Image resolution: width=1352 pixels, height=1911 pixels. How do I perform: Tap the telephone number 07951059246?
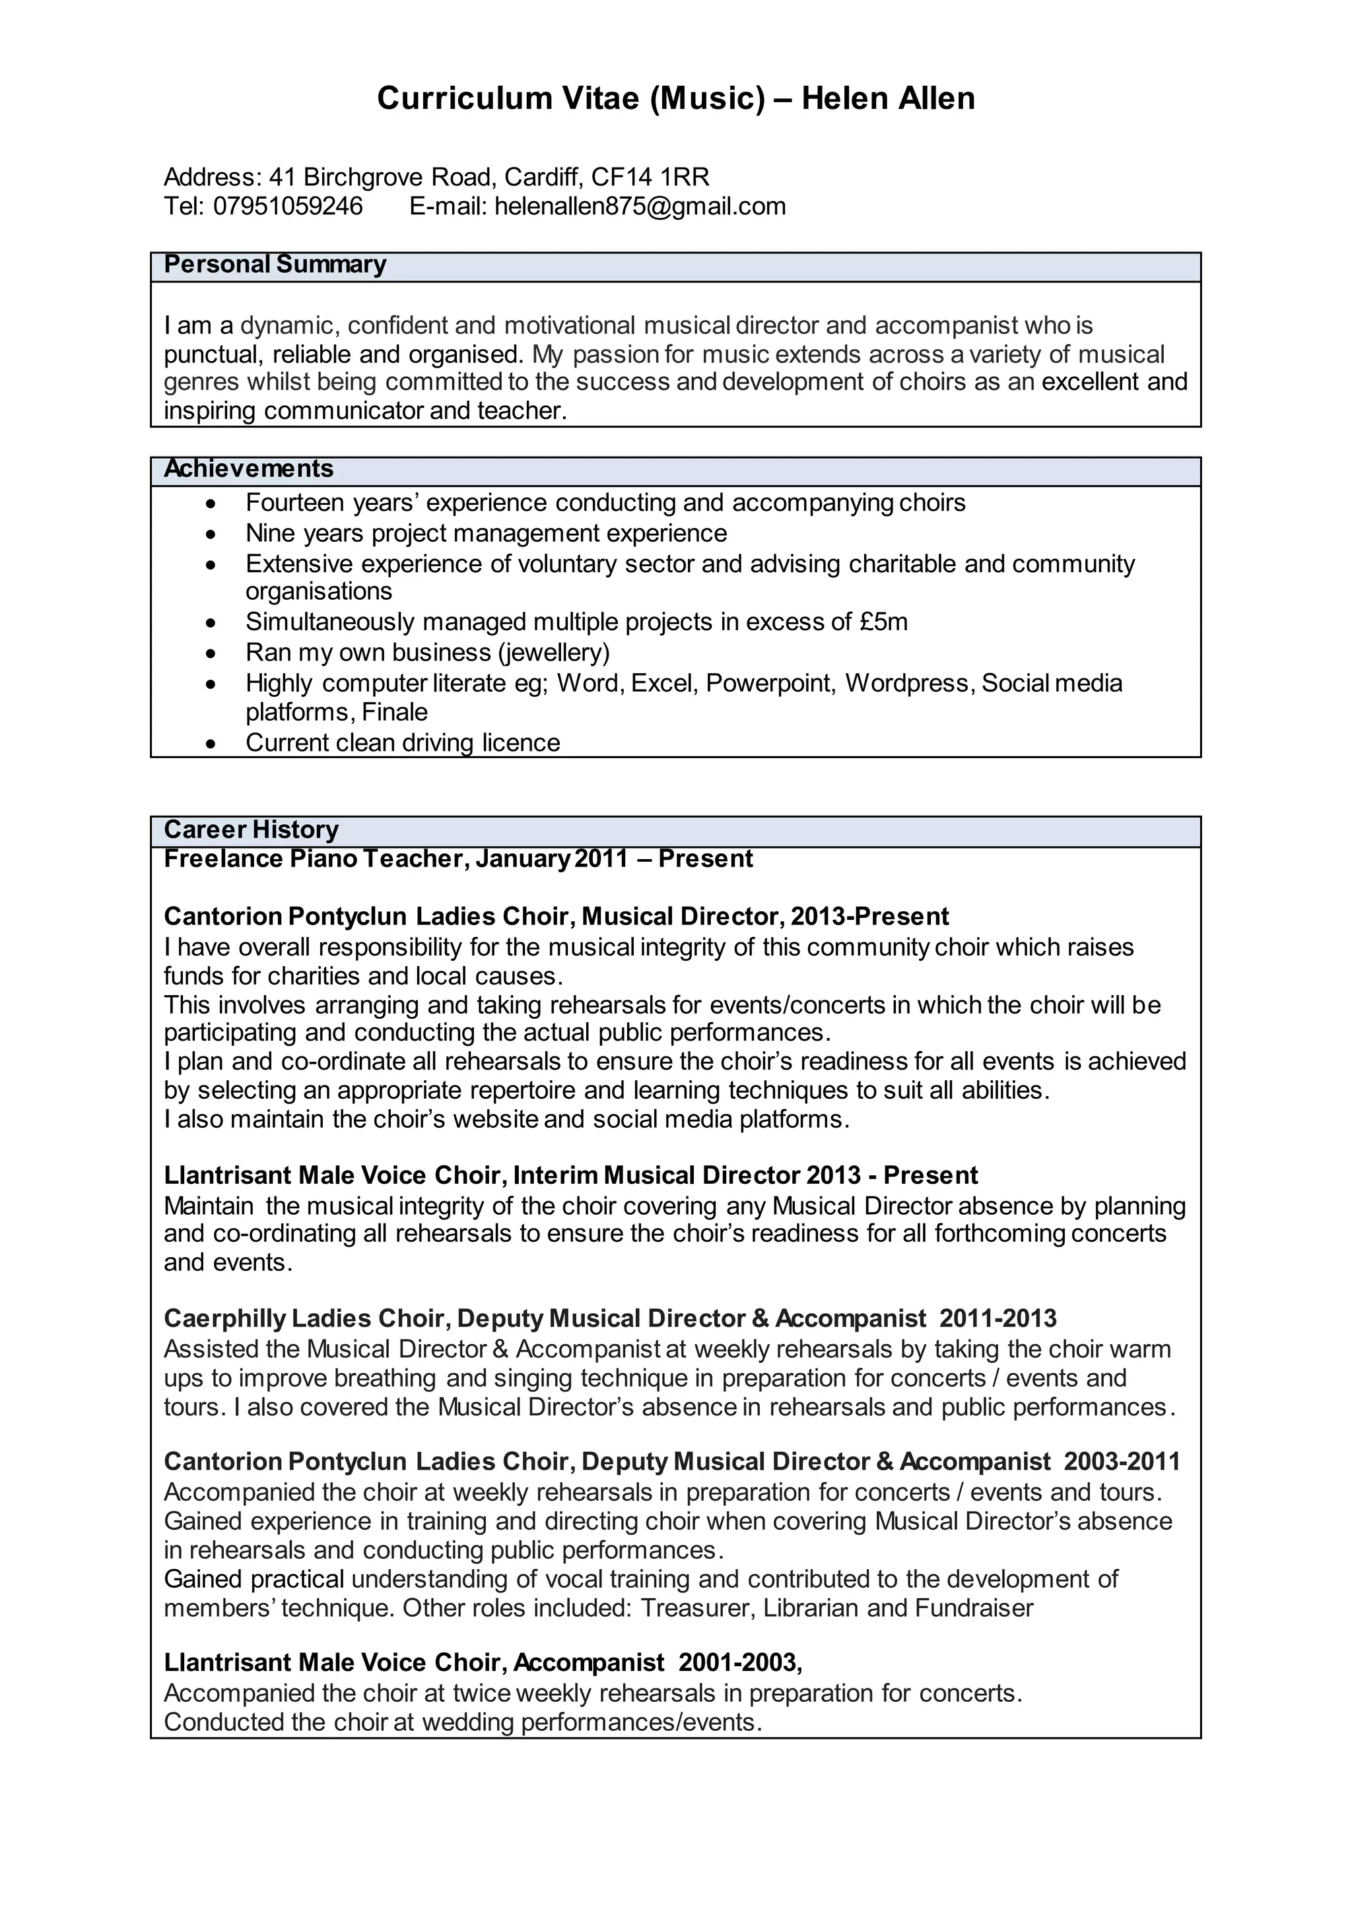288,207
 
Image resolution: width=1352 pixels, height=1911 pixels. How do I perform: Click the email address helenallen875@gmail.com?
640,207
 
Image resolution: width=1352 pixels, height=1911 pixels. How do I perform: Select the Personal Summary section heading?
275,265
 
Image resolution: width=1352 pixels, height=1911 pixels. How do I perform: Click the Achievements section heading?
248,469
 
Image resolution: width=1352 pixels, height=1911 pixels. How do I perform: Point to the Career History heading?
251,830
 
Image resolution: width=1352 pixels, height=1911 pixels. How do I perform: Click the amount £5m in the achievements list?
883,622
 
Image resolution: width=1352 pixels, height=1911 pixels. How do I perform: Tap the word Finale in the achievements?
395,713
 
